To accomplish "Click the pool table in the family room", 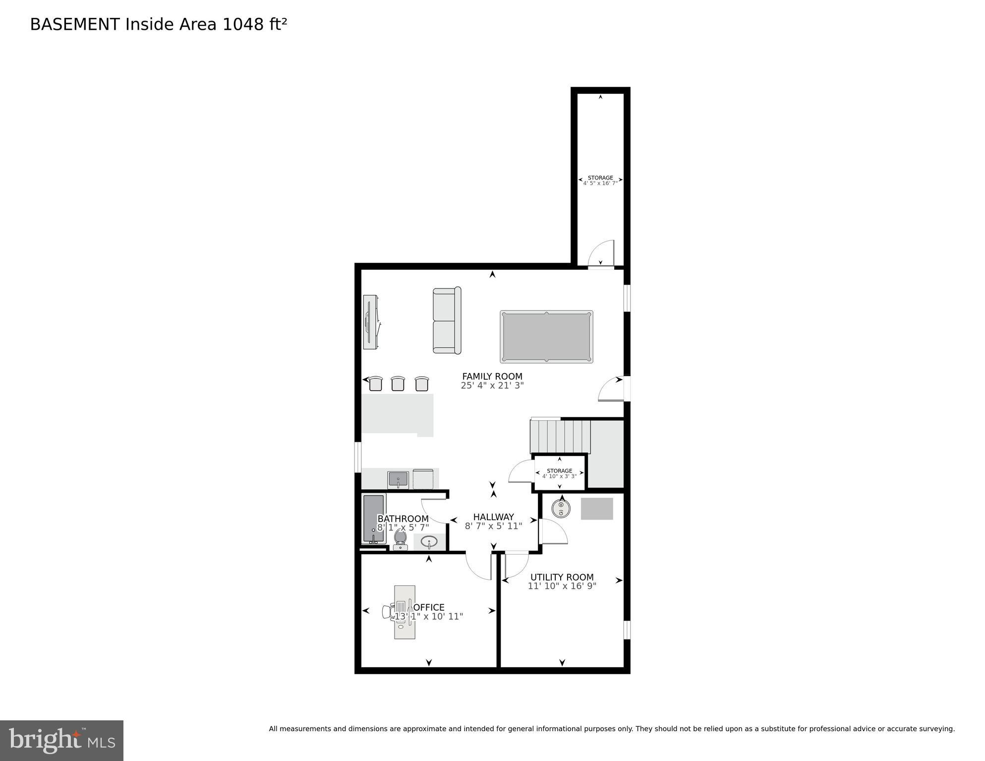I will pyautogui.click(x=546, y=337).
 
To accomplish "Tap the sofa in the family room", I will pyautogui.click(x=447, y=320).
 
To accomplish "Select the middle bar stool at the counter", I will pyautogui.click(x=398, y=383).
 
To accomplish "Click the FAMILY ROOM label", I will pyautogui.click(x=492, y=376).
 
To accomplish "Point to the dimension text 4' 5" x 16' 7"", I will pyautogui.click(x=600, y=183).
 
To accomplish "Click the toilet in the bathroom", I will pyautogui.click(x=400, y=539).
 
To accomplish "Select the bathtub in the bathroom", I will pyautogui.click(x=373, y=518).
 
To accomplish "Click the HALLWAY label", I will pyautogui.click(x=493, y=517).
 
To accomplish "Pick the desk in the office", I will pyautogui.click(x=405, y=612).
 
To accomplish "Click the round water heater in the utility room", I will pyautogui.click(x=561, y=508).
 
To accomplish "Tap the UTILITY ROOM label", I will pyautogui.click(x=562, y=577).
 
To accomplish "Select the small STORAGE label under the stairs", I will pyautogui.click(x=559, y=471).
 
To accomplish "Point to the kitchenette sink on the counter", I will pyautogui.click(x=398, y=479).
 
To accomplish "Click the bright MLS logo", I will pyautogui.click(x=61, y=740).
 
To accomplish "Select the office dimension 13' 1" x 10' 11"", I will pyautogui.click(x=429, y=616).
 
